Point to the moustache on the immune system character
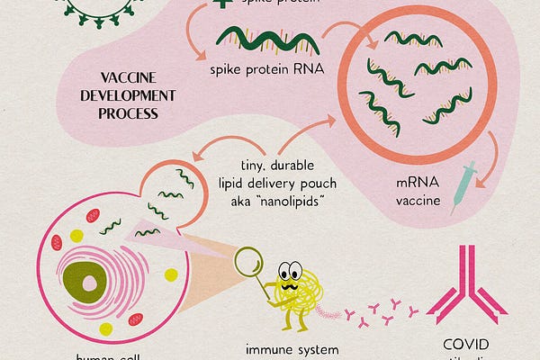tap(292, 283)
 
